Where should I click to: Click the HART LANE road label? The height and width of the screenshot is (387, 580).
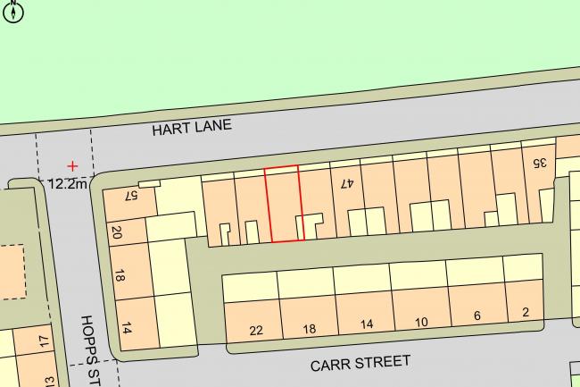click(192, 127)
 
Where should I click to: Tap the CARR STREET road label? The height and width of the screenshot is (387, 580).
click(360, 363)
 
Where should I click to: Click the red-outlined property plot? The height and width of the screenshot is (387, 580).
click(285, 205)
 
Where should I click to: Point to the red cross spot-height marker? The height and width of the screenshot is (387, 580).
click(72, 166)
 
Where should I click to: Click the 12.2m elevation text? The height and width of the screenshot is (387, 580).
click(68, 184)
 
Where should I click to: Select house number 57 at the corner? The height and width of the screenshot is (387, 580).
click(130, 196)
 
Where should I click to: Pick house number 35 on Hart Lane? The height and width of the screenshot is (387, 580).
click(538, 164)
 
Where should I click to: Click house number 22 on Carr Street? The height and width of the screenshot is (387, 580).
click(256, 331)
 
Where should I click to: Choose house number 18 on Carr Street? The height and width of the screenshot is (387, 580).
click(310, 329)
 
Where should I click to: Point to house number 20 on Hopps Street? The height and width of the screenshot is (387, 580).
click(117, 233)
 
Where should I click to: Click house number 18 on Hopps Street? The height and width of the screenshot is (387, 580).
click(120, 278)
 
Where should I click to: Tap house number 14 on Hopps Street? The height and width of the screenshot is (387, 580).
click(126, 328)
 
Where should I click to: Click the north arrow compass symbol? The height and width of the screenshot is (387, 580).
click(14, 11)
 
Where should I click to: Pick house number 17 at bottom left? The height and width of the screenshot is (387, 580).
click(45, 341)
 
